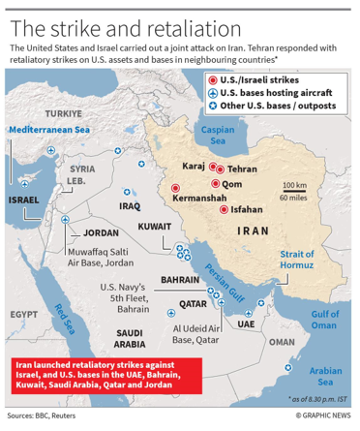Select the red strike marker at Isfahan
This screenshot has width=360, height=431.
click(x=224, y=208)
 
